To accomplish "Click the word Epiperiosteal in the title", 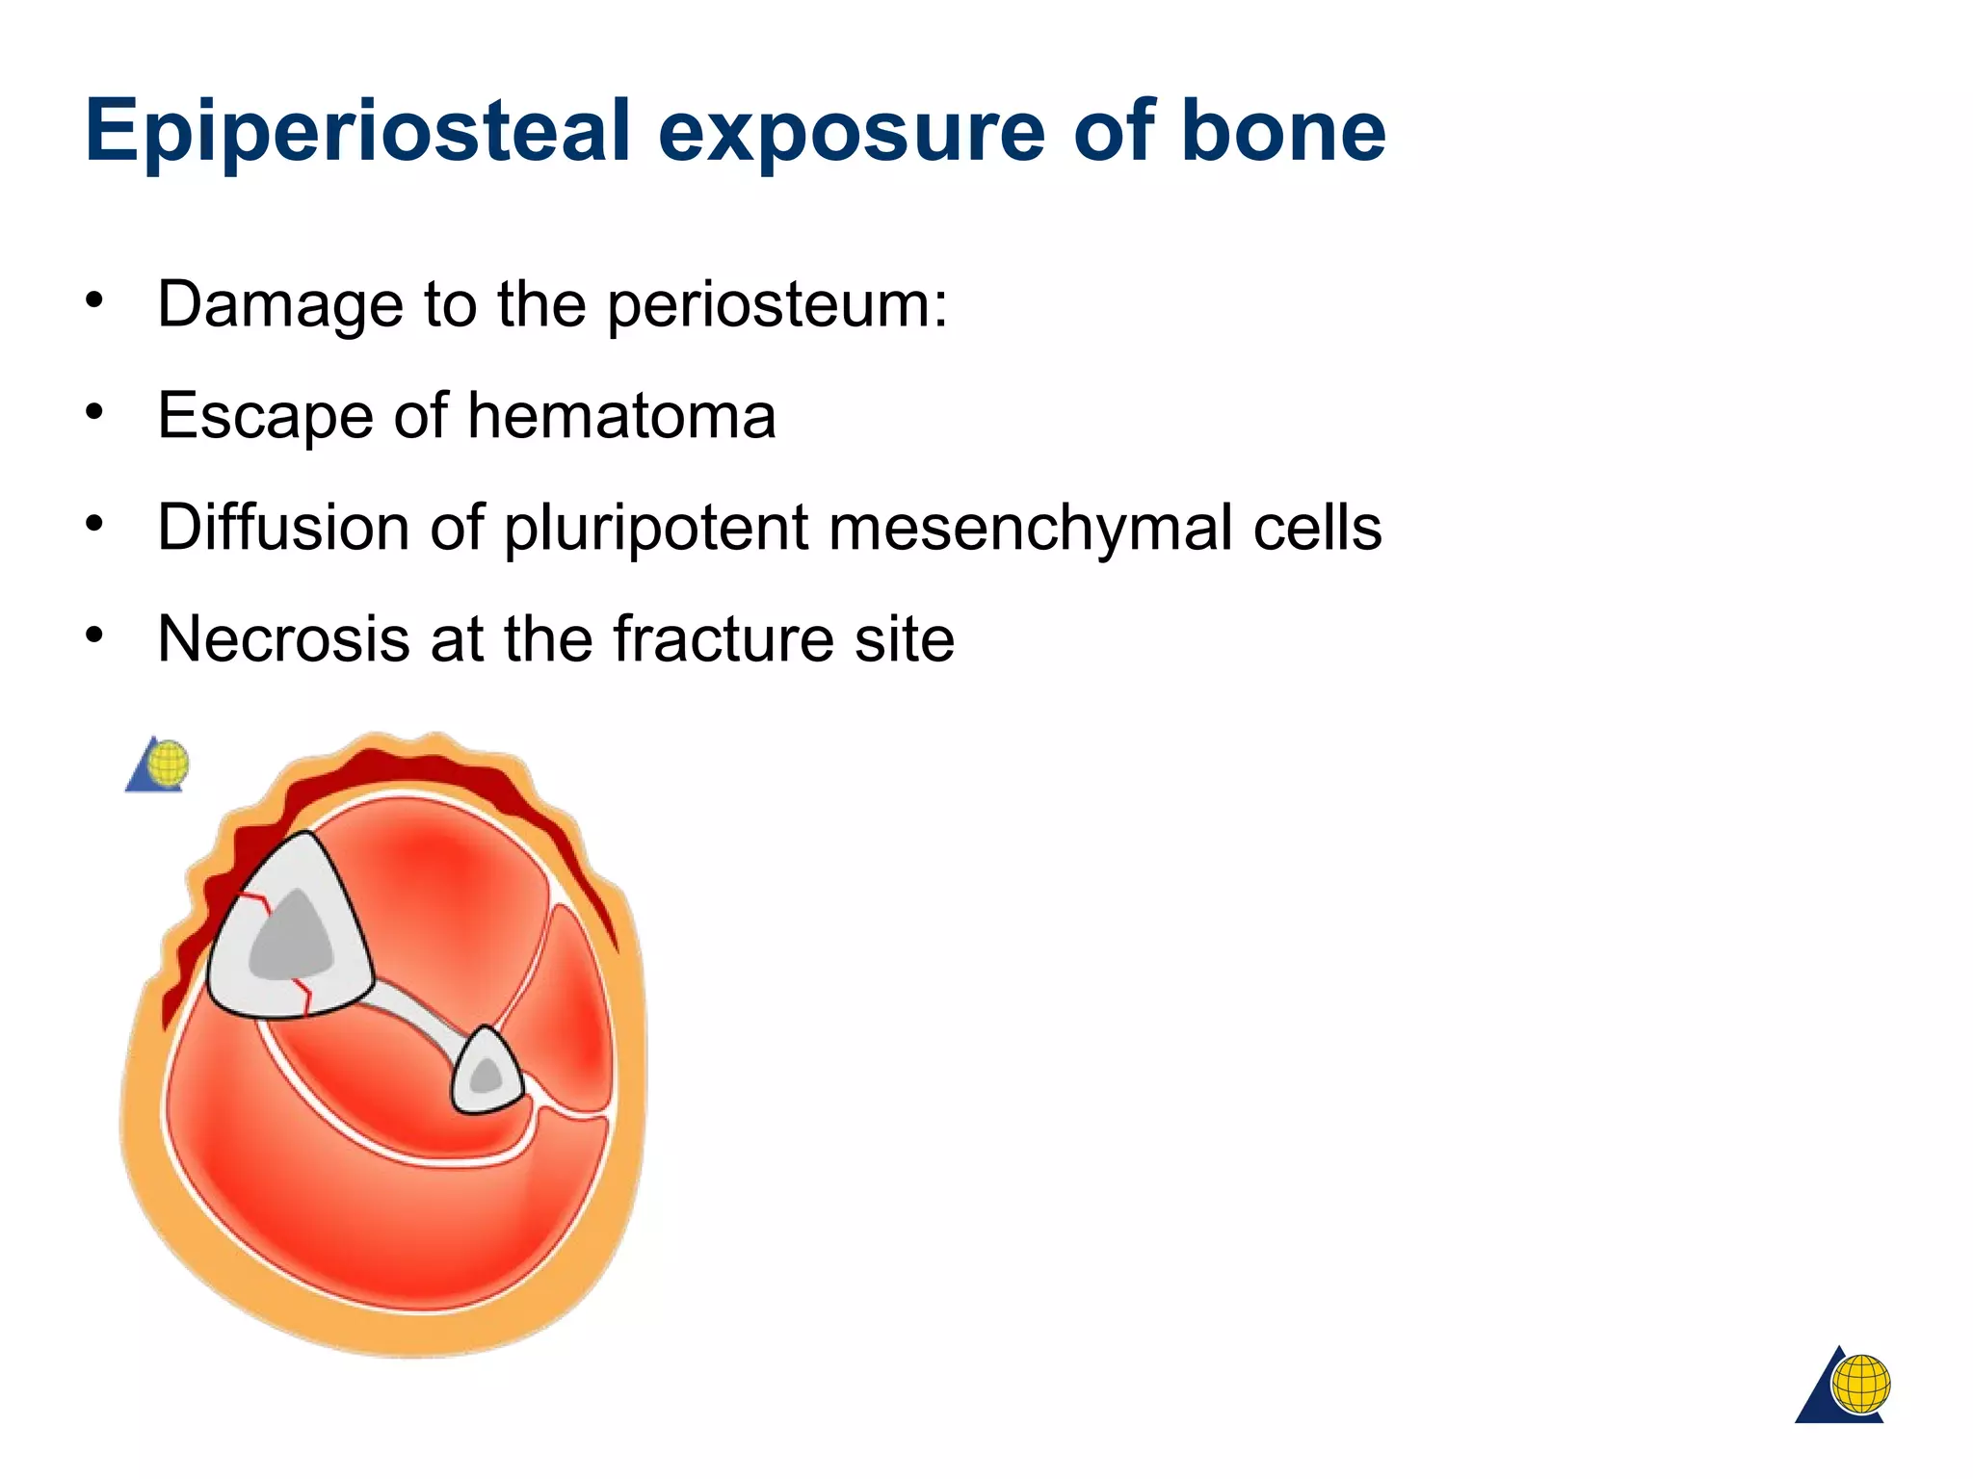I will (357, 132).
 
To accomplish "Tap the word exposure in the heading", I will (852, 132).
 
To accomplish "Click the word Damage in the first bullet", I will (280, 304).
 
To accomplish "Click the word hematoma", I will (621, 416).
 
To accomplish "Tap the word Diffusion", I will (283, 528).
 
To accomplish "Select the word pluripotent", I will (655, 530).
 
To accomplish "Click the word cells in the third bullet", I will (1317, 528).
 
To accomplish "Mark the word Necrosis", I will (283, 639).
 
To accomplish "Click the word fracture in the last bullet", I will (722, 639).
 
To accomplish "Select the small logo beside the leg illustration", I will (158, 765).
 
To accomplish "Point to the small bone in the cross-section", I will (487, 1073).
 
